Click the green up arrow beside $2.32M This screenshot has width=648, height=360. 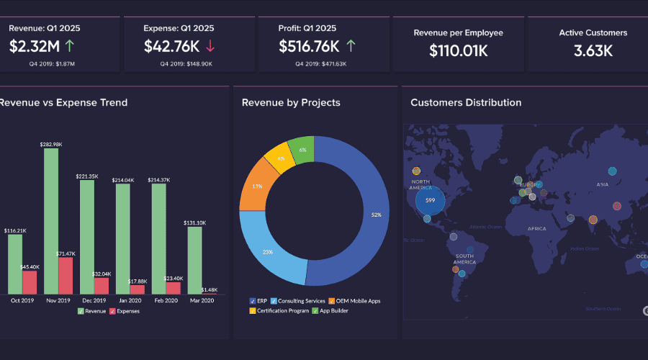click(69, 47)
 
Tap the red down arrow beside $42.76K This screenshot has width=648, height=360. click(210, 47)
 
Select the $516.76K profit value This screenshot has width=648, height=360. click(309, 47)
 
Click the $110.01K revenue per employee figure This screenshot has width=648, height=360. click(458, 50)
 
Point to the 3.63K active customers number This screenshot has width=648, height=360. click(593, 50)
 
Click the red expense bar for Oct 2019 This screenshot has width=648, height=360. click(30, 282)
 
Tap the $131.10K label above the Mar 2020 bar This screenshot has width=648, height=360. click(194, 222)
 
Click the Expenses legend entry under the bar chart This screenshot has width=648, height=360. click(125, 311)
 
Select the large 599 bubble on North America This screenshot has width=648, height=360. click(430, 200)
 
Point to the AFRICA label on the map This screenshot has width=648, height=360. click(536, 228)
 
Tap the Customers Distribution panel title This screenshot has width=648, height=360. click(466, 103)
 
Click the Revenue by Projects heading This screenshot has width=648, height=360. click(291, 103)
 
